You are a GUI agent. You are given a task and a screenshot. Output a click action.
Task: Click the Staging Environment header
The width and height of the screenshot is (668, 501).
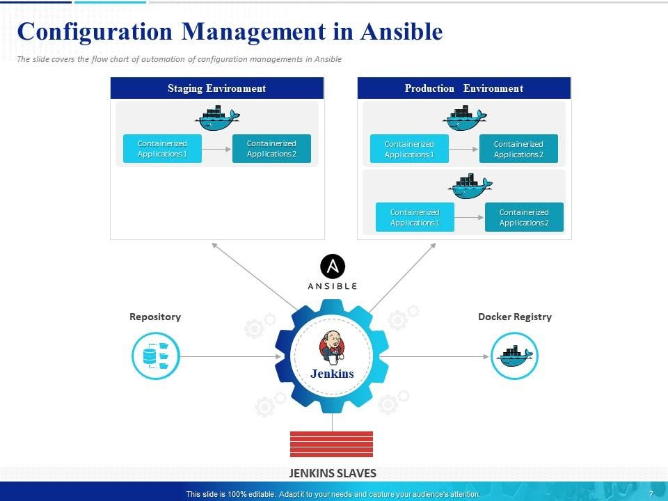(x=216, y=88)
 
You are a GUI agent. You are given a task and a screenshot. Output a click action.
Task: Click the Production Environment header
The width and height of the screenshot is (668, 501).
(x=463, y=88)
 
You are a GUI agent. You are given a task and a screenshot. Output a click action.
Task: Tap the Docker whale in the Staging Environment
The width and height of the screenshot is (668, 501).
(x=218, y=119)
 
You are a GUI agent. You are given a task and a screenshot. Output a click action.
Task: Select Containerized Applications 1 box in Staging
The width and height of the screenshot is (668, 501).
(x=162, y=149)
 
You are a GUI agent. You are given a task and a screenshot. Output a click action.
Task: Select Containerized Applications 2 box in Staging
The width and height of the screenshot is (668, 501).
(x=271, y=149)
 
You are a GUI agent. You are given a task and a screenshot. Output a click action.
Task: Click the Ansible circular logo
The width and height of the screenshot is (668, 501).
(x=333, y=267)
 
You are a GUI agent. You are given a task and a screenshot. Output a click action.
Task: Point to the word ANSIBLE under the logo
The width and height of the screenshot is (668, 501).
(x=333, y=286)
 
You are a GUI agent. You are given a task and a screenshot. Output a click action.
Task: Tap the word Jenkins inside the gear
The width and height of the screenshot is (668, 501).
(x=332, y=374)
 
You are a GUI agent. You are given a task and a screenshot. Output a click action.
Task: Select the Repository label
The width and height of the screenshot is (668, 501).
(x=155, y=317)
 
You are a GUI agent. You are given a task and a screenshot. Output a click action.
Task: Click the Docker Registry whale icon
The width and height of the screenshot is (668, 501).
(x=515, y=356)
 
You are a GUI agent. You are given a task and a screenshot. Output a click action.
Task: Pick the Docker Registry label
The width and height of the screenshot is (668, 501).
(x=515, y=317)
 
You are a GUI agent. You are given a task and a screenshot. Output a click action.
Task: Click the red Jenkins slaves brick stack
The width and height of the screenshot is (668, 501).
(x=331, y=444)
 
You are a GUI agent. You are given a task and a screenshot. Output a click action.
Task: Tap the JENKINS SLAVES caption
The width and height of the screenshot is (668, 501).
(x=333, y=473)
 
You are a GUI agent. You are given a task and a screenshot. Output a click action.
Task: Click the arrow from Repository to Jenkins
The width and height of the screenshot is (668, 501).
(x=230, y=357)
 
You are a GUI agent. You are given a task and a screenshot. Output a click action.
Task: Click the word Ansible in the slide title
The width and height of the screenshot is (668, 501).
(x=401, y=32)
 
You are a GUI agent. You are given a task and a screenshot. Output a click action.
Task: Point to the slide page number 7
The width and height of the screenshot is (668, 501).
(x=651, y=494)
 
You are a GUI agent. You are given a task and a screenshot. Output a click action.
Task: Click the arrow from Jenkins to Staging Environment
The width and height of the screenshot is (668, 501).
(x=254, y=276)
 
